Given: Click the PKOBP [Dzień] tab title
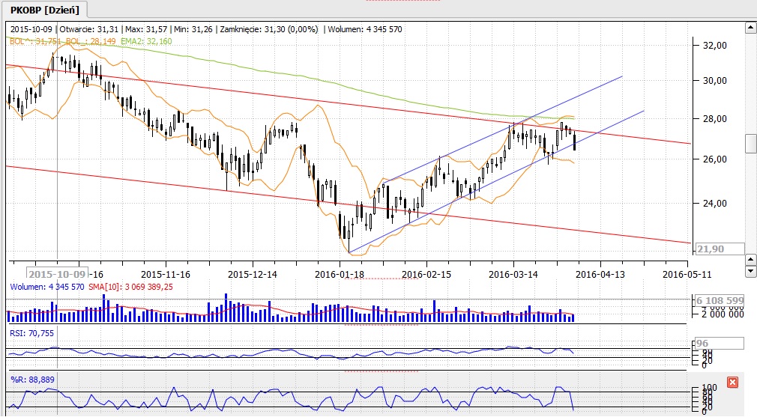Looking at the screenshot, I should coord(44,9).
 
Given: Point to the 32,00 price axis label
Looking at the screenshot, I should coord(711,45).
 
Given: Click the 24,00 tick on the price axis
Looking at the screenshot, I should coord(711,203).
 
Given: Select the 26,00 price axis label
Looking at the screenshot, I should coord(711,159).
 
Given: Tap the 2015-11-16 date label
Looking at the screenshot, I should coord(166,274).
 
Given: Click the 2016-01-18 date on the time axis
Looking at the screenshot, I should coord(340,274).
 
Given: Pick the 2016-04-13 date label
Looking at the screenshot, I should coord(600,274).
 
